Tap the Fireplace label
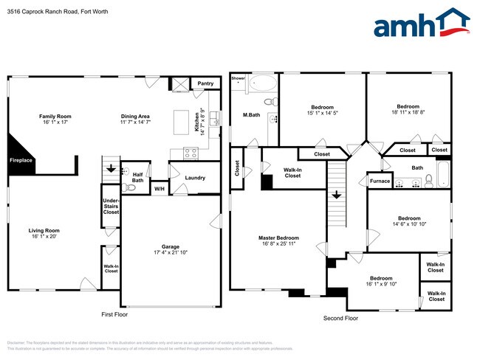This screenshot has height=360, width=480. coord(21,160)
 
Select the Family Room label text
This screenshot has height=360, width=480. coord(55,117)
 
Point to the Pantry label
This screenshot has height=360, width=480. coord(205,84)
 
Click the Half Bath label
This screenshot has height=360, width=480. coord(137,178)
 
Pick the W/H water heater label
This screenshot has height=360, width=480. coord(159,190)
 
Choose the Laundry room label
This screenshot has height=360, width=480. coord(195,178)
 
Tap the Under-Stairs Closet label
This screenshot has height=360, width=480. coord(111,206)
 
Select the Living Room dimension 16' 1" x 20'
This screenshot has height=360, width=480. coord(44,237)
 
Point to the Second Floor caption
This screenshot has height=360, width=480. coord(340,319)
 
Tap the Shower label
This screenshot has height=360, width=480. coord(238,77)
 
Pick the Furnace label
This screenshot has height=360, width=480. coord(380,181)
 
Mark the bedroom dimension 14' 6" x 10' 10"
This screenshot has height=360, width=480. coord(409,224)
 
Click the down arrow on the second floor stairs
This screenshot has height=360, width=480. coord(336,195)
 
